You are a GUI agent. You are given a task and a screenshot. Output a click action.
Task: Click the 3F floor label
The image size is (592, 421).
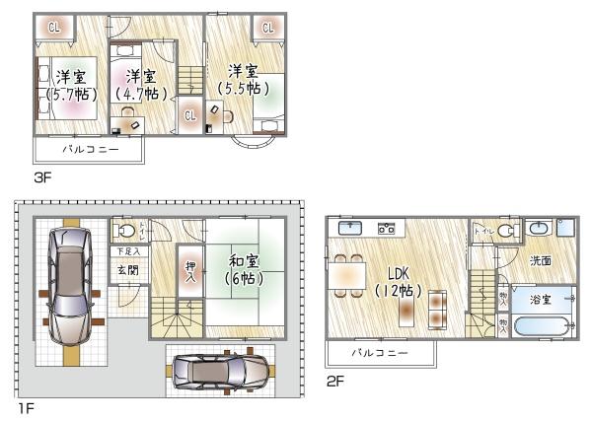point(41,177)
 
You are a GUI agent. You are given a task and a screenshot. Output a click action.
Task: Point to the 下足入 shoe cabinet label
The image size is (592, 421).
point(123,252)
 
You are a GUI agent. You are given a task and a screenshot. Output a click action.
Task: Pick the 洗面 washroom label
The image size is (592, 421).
point(540,261)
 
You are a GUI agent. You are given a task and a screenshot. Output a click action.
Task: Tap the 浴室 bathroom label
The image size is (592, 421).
point(540,298)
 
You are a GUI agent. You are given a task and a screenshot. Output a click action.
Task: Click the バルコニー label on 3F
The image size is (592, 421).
point(90,150)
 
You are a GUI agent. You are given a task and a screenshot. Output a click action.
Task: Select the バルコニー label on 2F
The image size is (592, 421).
point(379,351)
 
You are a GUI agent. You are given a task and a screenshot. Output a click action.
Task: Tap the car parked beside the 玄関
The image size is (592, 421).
point(67,283)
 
